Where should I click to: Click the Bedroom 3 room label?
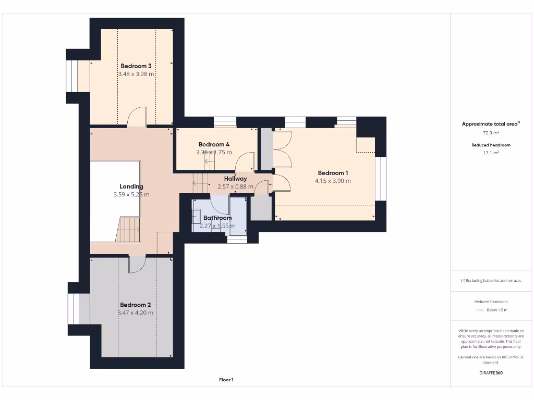(136, 66)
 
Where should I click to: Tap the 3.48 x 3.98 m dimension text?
(136, 74)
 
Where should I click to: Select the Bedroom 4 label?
(214, 144)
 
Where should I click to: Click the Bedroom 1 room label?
(333, 173)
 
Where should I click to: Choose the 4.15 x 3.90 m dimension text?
(333, 181)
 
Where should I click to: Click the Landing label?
(131, 186)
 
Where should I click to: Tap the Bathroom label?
(217, 218)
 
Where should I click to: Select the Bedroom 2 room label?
(136, 305)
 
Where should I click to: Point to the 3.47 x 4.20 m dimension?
(136, 312)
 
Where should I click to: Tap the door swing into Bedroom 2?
(137, 265)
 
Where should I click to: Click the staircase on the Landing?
(129, 229)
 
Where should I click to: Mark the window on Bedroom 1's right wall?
(381, 178)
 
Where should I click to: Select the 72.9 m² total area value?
(490, 133)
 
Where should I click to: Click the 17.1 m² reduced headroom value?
(490, 153)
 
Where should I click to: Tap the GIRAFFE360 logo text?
(490, 373)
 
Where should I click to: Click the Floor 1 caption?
(226, 380)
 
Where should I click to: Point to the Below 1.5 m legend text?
(496, 310)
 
